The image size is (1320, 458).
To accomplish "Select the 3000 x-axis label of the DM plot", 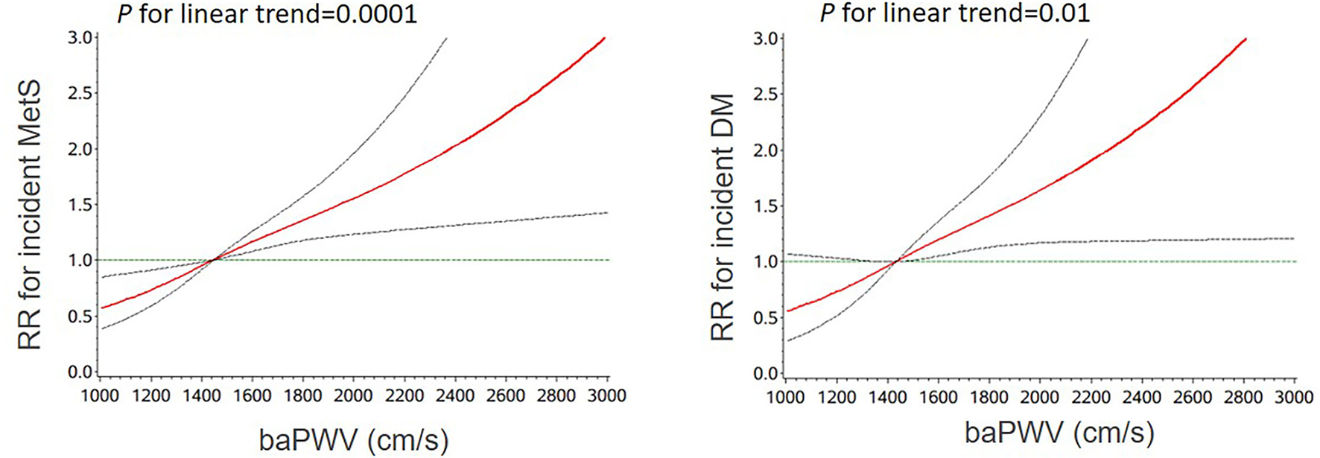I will click(1294, 398).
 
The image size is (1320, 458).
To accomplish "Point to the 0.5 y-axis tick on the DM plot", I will click(767, 318).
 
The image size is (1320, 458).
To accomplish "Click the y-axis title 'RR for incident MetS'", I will click(30, 216).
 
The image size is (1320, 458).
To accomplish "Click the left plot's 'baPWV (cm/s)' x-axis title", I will click(354, 440).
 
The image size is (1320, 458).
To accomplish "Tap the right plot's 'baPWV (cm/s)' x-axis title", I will click(1059, 433).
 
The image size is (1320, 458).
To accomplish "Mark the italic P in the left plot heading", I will click(124, 13).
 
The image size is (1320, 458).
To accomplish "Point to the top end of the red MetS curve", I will click(604, 38).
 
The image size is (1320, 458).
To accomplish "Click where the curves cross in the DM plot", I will click(897, 261).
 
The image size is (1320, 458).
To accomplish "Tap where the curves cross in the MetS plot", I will click(214, 259).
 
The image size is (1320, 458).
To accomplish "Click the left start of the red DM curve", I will click(789, 311).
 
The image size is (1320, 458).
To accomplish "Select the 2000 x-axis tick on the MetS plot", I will click(353, 395).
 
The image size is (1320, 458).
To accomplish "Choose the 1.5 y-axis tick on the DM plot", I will click(767, 206).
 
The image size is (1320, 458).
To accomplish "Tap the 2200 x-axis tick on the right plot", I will click(1091, 398).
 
